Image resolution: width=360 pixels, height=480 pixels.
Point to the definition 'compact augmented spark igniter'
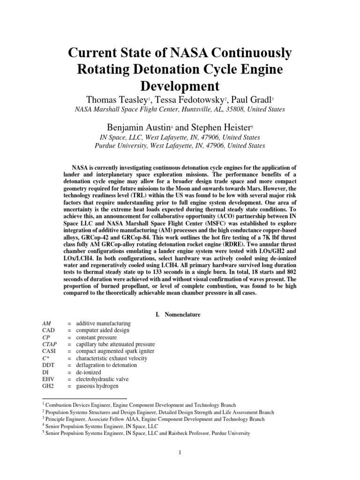(115, 352)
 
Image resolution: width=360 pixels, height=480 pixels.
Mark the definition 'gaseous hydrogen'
(97, 386)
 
